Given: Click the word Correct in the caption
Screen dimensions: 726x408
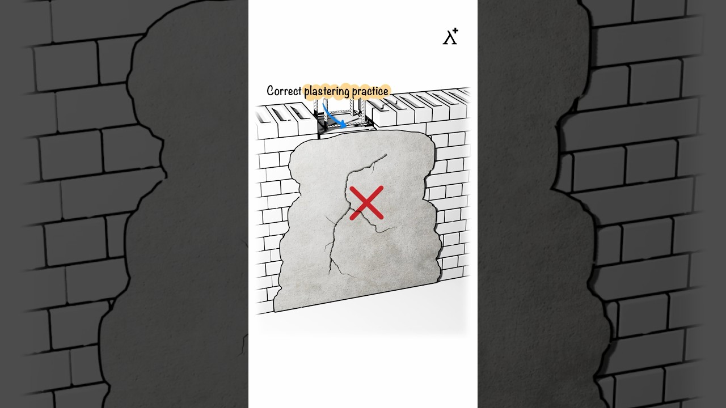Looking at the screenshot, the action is (x=284, y=91).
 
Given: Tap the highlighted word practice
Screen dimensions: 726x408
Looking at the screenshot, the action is (x=370, y=91).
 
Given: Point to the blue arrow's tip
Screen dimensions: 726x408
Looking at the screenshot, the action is (x=345, y=126).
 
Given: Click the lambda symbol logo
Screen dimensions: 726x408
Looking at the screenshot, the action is (x=449, y=38).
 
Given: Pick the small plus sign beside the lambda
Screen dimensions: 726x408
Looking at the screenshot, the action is (x=455, y=31).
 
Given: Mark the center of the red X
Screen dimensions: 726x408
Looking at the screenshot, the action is (x=366, y=203).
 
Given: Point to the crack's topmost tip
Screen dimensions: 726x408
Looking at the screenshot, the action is (x=387, y=155).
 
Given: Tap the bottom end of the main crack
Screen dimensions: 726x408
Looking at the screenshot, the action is (x=330, y=274).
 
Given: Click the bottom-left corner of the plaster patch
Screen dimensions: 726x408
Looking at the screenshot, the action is (x=275, y=312).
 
